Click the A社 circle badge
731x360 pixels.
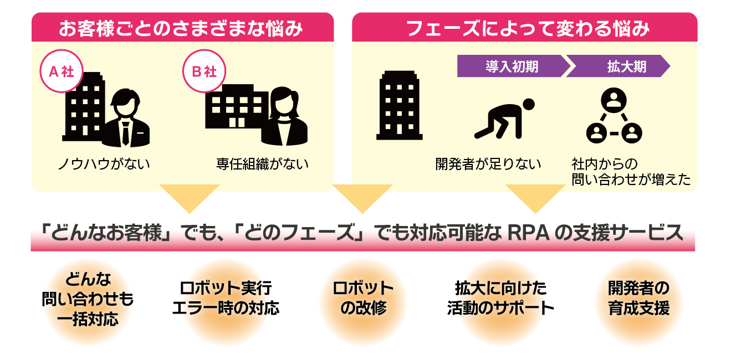pos(62,73)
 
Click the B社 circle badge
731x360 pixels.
pos(204,73)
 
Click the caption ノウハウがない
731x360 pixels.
pos(104,164)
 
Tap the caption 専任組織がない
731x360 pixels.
pos(262,164)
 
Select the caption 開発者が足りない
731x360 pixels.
pos(488,164)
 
